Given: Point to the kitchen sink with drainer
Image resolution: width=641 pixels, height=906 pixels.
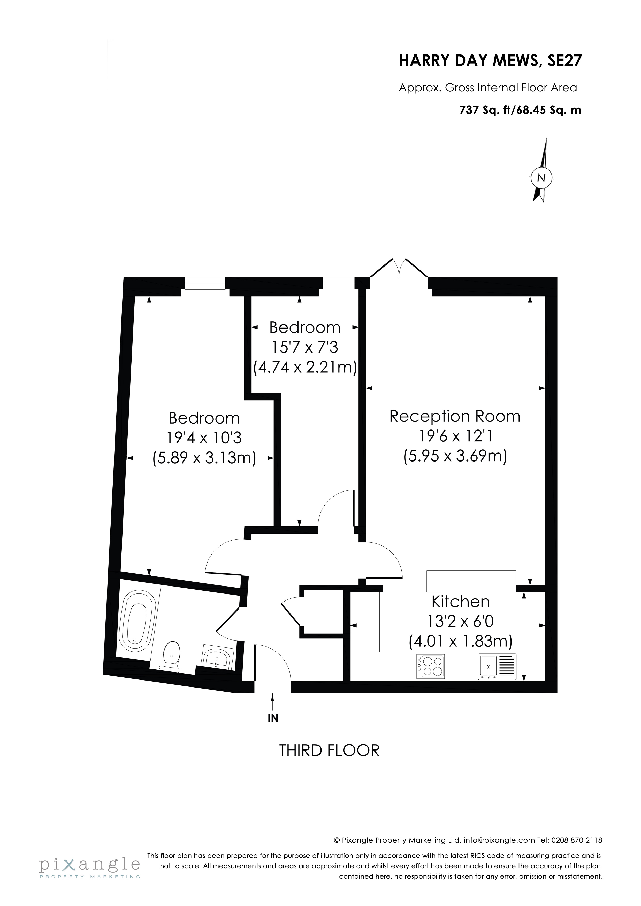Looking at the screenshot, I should coord(497,667).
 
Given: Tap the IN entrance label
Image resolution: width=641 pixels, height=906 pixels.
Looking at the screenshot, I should coord(273,718).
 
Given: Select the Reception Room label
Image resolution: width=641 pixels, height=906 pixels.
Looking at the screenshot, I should coord(455,416).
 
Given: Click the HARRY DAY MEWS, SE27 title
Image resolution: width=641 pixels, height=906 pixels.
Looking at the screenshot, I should coord(490,61).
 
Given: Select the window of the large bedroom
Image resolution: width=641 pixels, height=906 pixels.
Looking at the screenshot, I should coord(205,283).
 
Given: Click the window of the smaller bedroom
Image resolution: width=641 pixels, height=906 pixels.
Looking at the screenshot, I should coord(339,283).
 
